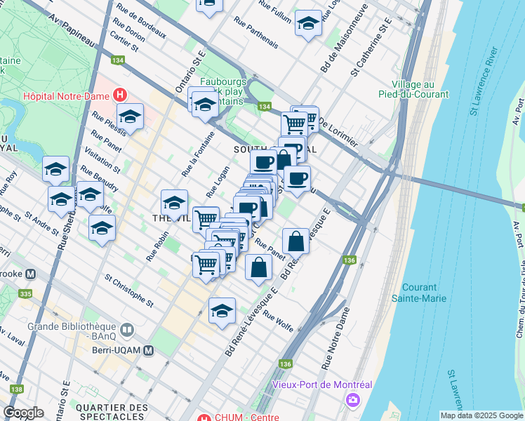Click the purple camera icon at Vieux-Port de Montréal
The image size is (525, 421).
(352, 399)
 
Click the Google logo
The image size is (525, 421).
(24, 413)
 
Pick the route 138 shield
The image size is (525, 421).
(17, 389)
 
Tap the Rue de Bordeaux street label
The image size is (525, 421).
(142, 21)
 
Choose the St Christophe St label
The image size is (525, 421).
(128, 290)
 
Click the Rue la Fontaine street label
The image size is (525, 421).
(198, 154)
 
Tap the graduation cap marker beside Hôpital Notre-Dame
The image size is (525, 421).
(130, 116)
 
